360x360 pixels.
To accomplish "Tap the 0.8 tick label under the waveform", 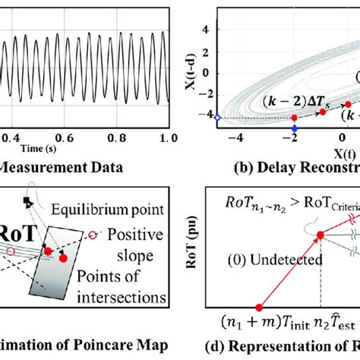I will click(x=115, y=138).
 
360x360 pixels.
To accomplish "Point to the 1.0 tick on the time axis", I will click(x=169, y=138).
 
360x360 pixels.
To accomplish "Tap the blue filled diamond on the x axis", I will click(x=295, y=129).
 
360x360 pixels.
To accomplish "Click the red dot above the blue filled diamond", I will click(x=294, y=118).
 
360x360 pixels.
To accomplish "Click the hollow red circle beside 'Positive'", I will click(x=93, y=235).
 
